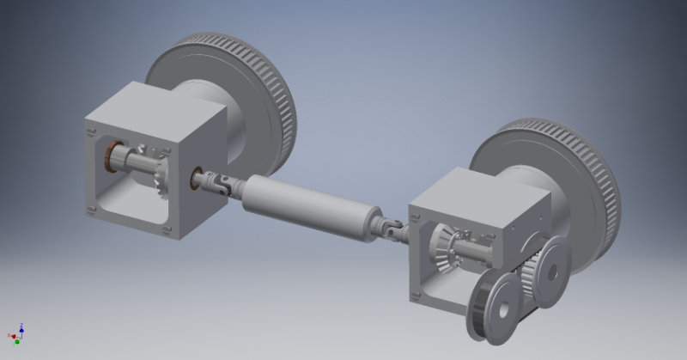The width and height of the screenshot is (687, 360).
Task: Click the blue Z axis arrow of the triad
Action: [21, 327]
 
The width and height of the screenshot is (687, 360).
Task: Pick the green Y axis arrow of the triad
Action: [17, 341]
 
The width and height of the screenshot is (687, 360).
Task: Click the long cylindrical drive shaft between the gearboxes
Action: [310, 206]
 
